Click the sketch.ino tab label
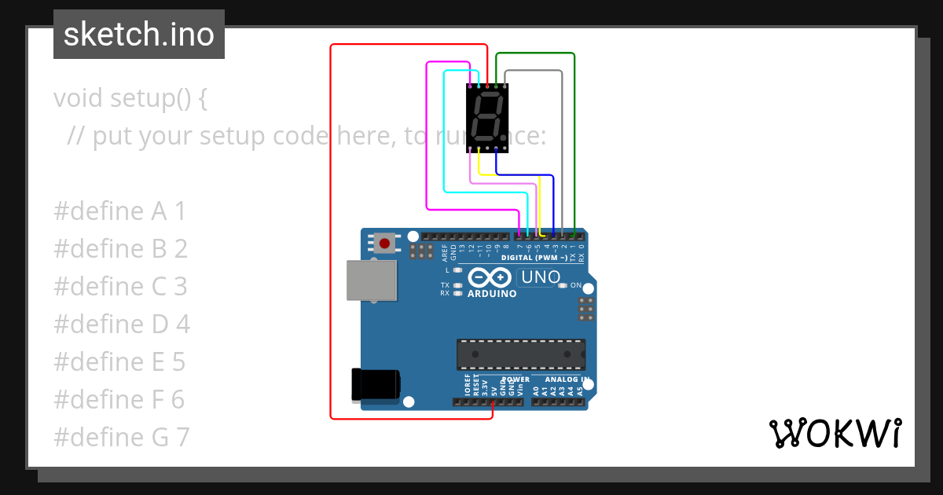[x=139, y=35]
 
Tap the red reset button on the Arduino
[x=384, y=243]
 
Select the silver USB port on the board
[x=372, y=280]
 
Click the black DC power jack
[x=376, y=385]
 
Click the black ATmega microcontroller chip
[x=521, y=354]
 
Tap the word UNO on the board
[x=541, y=277]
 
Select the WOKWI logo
[x=835, y=433]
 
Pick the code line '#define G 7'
[x=122, y=437]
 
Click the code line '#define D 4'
[x=122, y=324]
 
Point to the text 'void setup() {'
[x=130, y=99]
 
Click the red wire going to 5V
[x=331, y=236]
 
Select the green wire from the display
[x=574, y=141]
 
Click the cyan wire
[x=445, y=134]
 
